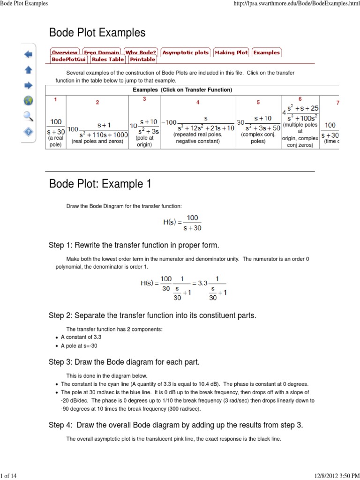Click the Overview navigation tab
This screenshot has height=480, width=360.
[x=65, y=52]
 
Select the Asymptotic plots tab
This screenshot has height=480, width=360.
[x=186, y=52]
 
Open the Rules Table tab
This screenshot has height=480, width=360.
[x=108, y=60]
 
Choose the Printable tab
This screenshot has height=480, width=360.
[x=142, y=60]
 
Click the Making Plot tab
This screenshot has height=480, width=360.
[x=231, y=52]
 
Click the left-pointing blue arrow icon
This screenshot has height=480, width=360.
[x=28, y=54]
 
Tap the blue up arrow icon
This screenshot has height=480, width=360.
[x=28, y=70]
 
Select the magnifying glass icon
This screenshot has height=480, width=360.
[x=28, y=116]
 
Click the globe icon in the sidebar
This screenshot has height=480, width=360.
[x=28, y=100]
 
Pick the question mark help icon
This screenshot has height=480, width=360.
[x=28, y=132]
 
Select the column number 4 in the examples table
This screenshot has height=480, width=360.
[x=198, y=102]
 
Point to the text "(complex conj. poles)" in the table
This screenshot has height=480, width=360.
[x=258, y=138]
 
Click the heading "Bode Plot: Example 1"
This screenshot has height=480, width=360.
[x=100, y=184]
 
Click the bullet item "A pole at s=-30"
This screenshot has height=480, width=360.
[x=79, y=346]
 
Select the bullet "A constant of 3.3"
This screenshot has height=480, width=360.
[x=81, y=337]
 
